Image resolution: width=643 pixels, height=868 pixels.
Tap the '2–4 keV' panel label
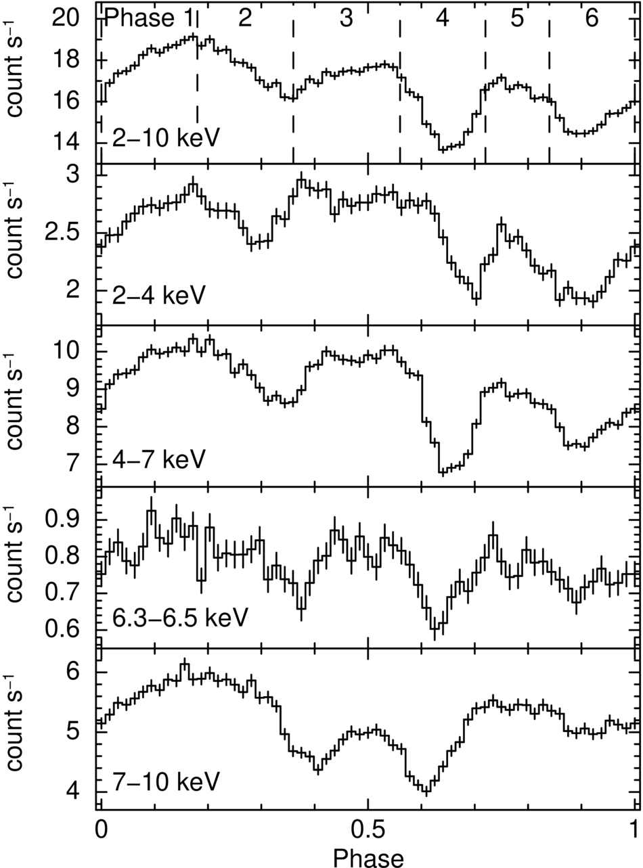(158, 296)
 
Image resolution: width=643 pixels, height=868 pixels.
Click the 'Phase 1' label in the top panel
(149, 19)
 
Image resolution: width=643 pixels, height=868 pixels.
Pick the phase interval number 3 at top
(346, 18)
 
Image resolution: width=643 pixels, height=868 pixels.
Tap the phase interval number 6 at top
(592, 18)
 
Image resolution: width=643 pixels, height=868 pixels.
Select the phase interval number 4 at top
(443, 18)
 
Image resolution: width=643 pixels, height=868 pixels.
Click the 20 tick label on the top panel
(66, 18)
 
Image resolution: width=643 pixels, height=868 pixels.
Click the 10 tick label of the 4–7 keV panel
(66, 351)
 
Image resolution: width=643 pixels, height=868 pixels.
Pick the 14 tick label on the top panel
(66, 143)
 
